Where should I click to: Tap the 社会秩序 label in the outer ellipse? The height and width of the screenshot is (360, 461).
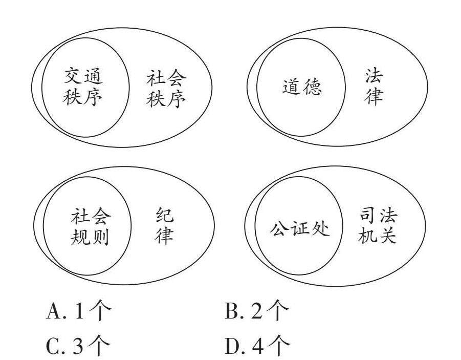click(166, 87)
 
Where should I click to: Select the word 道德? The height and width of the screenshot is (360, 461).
click(302, 88)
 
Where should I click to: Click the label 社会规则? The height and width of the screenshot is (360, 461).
click(91, 227)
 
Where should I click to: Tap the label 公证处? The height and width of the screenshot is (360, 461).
click(299, 228)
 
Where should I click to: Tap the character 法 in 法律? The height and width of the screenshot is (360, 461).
click(374, 76)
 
